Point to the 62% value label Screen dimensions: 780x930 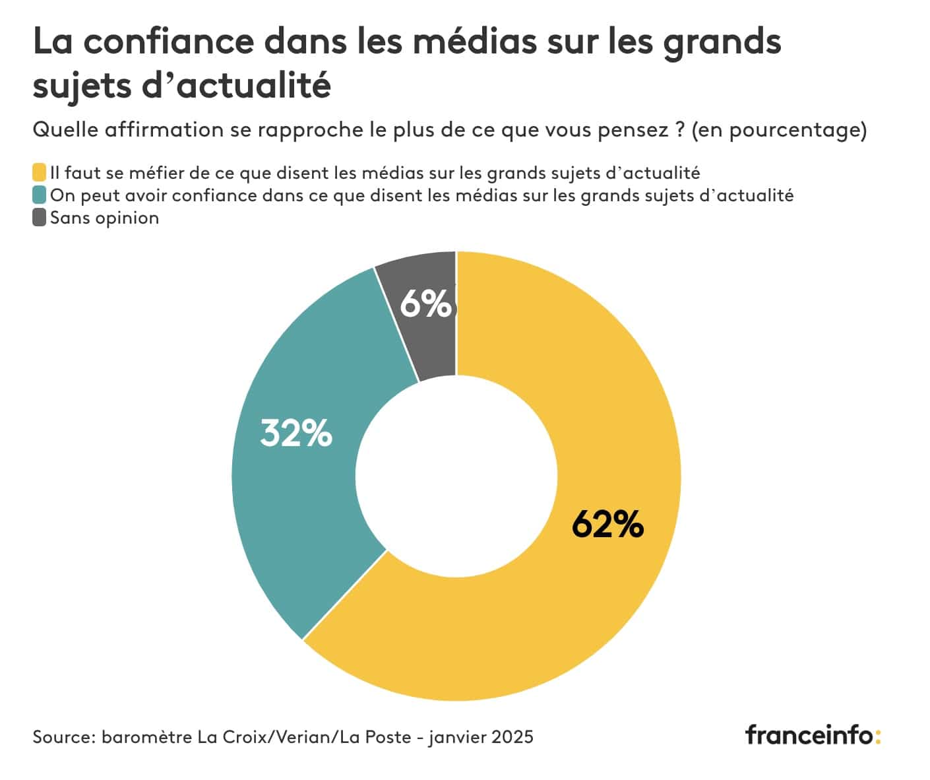pos(607,525)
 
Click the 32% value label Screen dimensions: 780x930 pos(296,434)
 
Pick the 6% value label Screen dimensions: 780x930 pos(426,304)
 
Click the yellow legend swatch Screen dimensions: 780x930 pos(40,173)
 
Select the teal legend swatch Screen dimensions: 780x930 pos(40,195)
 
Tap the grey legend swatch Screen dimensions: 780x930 pos(40,218)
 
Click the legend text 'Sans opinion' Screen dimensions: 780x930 pos(105,218)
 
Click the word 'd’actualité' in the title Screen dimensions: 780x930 pos(235,86)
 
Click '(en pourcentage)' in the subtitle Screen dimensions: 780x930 pos(779,130)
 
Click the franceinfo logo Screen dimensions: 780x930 pos(813,734)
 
